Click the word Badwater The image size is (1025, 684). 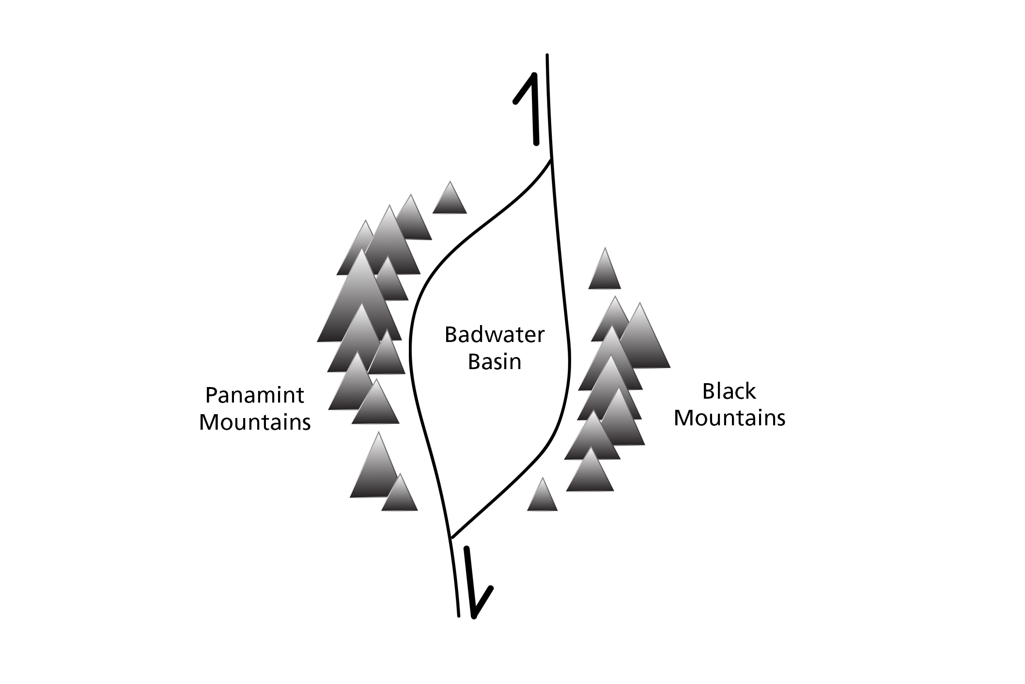(494, 335)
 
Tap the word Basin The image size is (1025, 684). (494, 361)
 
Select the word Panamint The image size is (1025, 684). (254, 395)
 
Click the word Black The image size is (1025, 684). (729, 391)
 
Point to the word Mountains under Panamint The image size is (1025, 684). (254, 422)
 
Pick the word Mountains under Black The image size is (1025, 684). (729, 418)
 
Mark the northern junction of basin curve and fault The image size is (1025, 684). (551, 160)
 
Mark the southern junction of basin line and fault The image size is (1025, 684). (451, 537)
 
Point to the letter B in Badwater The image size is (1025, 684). (450, 335)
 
